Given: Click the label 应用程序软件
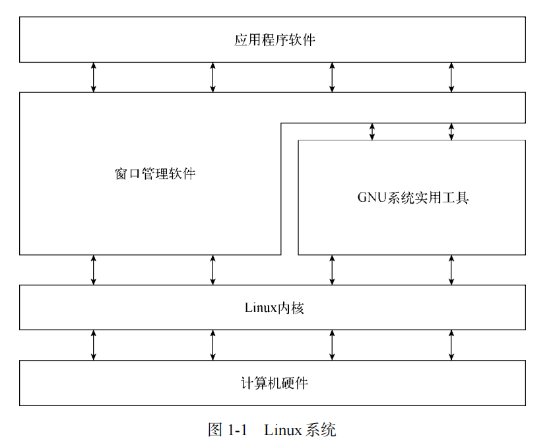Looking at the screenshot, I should point(275,40).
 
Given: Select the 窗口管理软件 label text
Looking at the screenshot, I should point(155,174).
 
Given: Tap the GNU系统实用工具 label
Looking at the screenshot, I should point(412,197).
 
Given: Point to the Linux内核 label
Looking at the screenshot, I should point(274,307).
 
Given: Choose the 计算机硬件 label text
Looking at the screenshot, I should point(274,383).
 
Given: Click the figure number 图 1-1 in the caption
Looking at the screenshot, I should point(227,430).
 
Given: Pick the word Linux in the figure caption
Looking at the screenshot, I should point(283,430).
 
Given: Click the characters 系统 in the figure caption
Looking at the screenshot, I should point(321,430).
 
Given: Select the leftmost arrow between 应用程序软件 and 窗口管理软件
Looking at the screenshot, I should point(93,77).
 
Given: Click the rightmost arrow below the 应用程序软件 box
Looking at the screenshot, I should point(451,77).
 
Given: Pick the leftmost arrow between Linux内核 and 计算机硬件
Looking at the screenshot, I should point(93,345).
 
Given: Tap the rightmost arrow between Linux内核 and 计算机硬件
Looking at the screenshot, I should point(451,345).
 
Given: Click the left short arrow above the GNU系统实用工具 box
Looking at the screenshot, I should point(372,131).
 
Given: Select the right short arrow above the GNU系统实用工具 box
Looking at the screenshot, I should point(451,131).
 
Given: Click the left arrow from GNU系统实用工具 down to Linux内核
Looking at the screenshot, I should point(332,270).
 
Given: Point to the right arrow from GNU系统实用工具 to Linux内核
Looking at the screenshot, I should point(451,270).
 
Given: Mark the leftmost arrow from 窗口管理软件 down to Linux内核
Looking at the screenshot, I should point(93,270).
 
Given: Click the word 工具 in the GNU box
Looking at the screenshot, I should point(454,197).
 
